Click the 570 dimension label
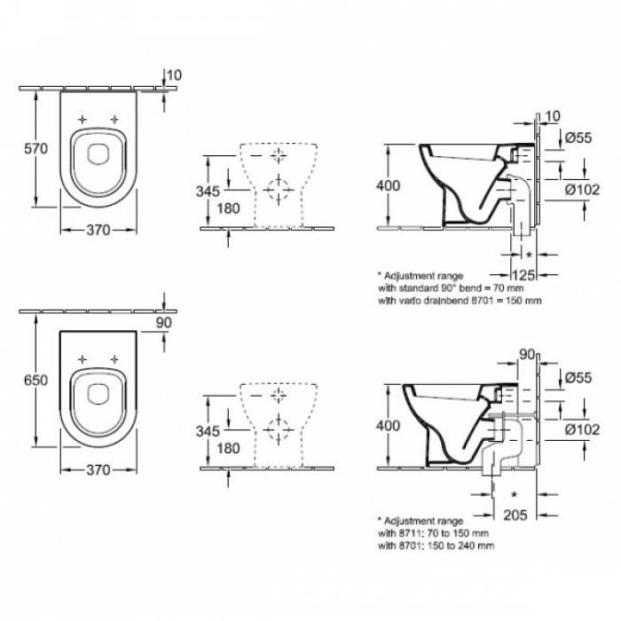(x=36, y=148)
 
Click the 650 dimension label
(x=36, y=381)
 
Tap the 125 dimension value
(x=523, y=274)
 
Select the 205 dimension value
(x=515, y=515)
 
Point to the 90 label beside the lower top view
(x=164, y=323)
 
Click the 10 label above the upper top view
(x=174, y=75)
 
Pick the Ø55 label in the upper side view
(x=578, y=138)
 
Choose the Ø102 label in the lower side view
(x=582, y=429)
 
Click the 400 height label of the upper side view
(x=389, y=185)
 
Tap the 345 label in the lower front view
(x=208, y=431)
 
